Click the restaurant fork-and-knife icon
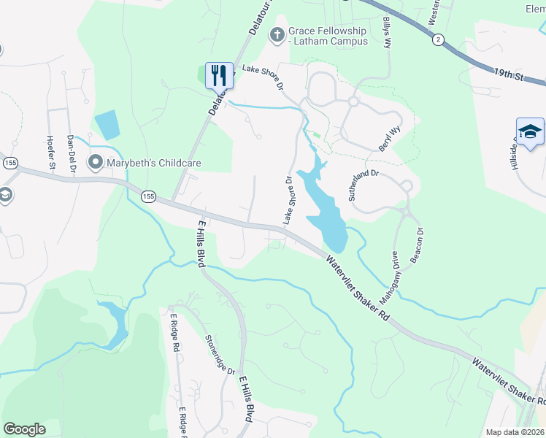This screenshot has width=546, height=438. tap(218, 74)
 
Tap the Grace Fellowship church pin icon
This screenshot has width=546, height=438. tap(277, 34)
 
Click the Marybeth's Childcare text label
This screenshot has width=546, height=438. tap(154, 162)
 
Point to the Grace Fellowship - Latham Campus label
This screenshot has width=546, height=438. tap(328, 36)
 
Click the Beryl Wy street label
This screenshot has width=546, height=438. tap(391, 138)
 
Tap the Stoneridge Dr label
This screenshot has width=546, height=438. tap(220, 354)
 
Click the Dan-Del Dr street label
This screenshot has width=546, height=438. tap(71, 153)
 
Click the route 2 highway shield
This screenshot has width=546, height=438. tap(437, 39)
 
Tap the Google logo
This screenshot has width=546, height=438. tap(24, 429)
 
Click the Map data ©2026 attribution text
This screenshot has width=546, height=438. tap(515, 432)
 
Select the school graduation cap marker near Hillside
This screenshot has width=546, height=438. tap(530, 132)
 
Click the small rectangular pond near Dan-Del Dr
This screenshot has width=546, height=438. tap(107, 125)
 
